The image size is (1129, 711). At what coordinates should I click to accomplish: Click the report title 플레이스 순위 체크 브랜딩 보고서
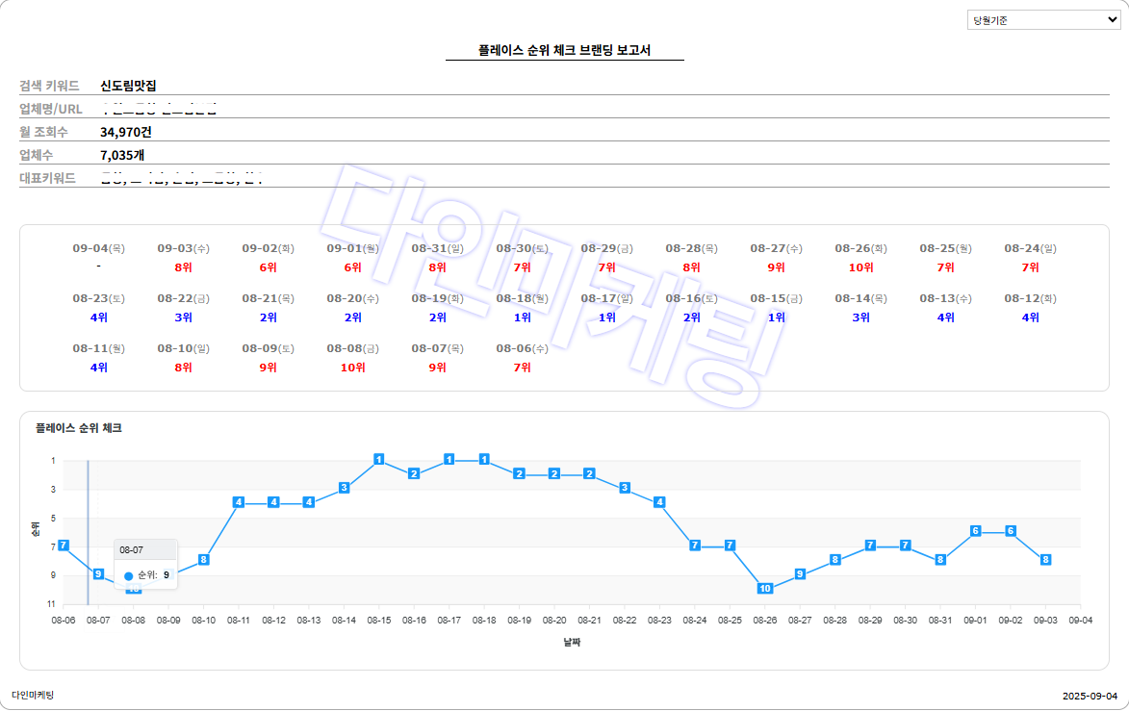[x=564, y=50]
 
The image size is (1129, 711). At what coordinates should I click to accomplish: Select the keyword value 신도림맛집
[x=128, y=86]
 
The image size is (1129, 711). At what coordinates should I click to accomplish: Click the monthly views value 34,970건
[x=126, y=132]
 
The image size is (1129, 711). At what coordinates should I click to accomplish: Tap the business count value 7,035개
[x=122, y=155]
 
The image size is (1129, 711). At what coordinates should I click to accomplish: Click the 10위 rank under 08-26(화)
[x=860, y=267]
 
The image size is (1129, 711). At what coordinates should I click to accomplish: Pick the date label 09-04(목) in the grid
[x=99, y=248]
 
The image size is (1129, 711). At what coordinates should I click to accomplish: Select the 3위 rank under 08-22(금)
[x=183, y=317]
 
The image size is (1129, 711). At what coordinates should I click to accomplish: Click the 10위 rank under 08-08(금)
[x=352, y=368]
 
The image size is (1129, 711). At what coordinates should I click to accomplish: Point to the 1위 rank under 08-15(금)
[x=776, y=317]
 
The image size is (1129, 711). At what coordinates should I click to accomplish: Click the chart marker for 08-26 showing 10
[x=765, y=588]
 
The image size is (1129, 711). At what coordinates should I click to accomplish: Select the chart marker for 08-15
[x=379, y=460]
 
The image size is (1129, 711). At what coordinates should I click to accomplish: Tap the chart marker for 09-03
[x=1045, y=559]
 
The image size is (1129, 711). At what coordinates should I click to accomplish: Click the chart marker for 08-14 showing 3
[x=344, y=488]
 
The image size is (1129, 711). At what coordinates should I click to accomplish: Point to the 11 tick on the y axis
[x=51, y=603]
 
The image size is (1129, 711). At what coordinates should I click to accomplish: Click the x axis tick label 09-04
[x=1080, y=621]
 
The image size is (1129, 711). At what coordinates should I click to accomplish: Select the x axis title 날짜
[x=572, y=642]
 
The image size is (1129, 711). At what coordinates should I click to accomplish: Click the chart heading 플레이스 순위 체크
[x=79, y=428]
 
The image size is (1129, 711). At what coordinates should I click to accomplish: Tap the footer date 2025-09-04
[x=1090, y=696]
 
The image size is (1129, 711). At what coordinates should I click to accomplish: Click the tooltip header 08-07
[x=132, y=549]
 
